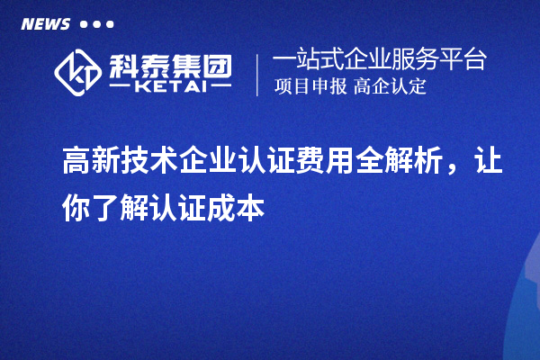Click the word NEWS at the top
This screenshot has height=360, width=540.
[x=45, y=23]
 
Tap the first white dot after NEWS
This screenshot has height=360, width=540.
[x=84, y=24]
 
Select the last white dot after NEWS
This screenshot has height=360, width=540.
[x=110, y=24]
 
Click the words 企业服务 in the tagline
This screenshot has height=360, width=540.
[x=396, y=60]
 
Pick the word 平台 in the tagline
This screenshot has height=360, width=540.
[x=468, y=60]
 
